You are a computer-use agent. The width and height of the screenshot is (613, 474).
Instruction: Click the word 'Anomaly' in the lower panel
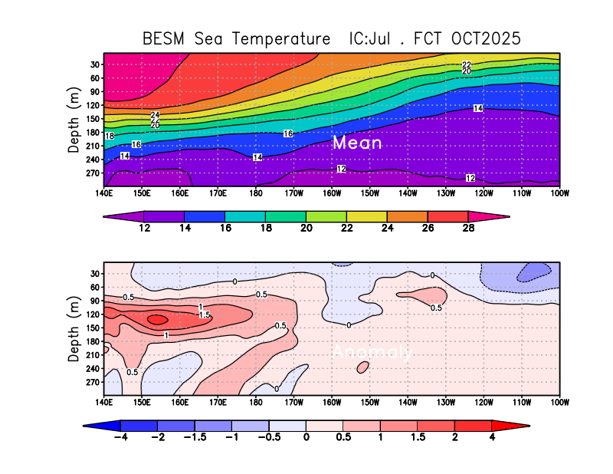[372, 352]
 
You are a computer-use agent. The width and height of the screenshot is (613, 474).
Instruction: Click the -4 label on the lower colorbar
[120, 436]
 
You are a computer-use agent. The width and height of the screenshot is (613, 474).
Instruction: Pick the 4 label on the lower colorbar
[492, 436]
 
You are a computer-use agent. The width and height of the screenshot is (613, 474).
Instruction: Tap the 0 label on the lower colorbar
[306, 436]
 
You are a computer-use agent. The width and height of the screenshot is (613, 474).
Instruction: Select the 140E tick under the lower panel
[105, 400]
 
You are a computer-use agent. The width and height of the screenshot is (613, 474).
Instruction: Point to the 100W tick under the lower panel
[559, 400]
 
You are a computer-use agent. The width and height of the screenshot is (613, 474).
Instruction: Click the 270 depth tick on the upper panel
[95, 173]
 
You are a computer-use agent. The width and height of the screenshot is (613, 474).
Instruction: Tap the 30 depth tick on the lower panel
[95, 274]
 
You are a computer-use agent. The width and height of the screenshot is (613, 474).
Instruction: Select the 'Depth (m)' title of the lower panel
[74, 328]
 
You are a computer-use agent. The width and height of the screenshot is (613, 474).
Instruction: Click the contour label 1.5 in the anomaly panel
[205, 314]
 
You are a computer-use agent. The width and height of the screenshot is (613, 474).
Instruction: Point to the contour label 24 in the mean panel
[155, 115]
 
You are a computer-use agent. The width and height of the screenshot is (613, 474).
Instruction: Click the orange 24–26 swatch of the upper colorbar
[407, 216]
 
